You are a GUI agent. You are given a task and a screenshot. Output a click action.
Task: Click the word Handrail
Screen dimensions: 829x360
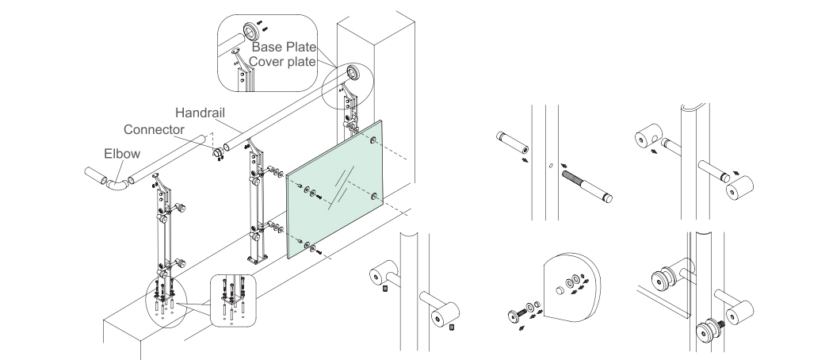click(200, 113)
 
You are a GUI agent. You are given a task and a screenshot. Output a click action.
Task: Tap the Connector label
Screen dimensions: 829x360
click(154, 129)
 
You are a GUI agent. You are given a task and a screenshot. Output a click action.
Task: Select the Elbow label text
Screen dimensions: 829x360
click(122, 154)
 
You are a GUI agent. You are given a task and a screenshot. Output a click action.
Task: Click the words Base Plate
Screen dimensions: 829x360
click(284, 47)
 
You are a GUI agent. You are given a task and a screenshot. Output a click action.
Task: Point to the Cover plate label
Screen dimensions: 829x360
click(282, 61)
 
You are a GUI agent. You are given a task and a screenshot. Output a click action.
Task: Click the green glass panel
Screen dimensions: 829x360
click(334, 190)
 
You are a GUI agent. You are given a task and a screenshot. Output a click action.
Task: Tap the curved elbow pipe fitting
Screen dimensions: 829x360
click(118, 183)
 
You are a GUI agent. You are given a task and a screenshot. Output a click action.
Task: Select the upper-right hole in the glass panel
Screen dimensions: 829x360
click(373, 140)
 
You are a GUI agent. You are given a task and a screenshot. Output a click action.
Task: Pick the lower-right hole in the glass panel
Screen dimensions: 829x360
click(374, 197)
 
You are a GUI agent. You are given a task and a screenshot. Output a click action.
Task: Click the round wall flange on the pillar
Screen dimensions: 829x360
click(353, 73)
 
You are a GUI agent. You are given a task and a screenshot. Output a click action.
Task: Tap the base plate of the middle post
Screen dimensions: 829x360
click(257, 259)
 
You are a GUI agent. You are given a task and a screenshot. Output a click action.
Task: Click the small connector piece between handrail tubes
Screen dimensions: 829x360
click(218, 153)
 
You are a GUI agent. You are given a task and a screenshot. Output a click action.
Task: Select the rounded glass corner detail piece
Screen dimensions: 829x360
click(572, 287)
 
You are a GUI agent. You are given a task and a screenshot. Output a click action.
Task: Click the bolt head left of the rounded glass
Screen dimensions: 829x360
click(515, 316)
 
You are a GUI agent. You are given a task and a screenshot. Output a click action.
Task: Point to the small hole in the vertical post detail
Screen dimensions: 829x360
click(550, 166)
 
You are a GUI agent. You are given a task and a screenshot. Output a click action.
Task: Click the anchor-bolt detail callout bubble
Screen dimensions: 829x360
click(233, 301)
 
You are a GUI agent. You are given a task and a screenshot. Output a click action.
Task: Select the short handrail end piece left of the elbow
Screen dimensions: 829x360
click(96, 176)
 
